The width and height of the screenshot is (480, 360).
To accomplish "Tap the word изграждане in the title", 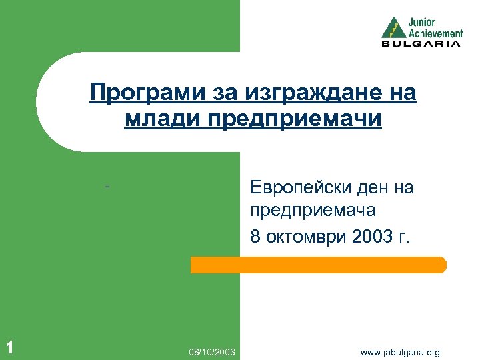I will [294, 93].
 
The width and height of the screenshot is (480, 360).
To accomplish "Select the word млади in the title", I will [155, 120].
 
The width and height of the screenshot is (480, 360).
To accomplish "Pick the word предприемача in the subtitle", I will [313, 211].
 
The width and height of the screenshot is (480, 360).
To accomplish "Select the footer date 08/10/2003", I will [212, 351].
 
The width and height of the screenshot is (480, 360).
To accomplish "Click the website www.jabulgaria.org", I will [400, 351].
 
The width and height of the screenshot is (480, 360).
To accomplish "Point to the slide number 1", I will [9, 346].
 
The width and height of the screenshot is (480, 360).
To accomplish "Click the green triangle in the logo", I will [393, 28].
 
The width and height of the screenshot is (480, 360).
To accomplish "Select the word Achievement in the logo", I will [435, 33].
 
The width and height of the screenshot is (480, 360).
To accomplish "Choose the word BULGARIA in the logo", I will [421, 44].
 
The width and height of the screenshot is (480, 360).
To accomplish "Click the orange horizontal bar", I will [318, 265].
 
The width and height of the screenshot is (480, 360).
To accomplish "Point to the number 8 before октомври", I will [255, 235].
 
